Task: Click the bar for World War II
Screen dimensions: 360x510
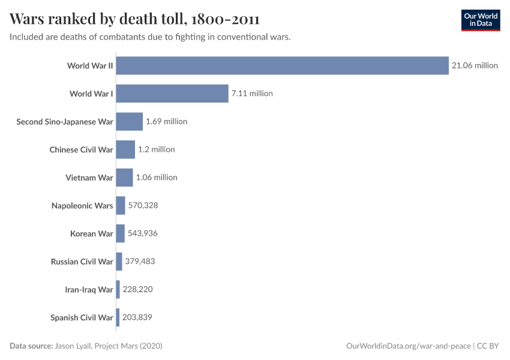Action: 282,65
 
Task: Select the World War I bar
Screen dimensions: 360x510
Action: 172,94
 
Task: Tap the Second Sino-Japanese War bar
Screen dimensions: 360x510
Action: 129,122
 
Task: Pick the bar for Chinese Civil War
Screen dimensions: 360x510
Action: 125,149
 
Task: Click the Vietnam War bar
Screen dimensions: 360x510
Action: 124,178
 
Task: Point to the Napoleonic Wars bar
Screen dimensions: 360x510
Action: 121,206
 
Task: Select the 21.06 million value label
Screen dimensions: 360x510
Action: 475,65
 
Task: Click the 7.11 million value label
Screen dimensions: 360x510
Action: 252,94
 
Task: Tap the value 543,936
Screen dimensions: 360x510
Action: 142,233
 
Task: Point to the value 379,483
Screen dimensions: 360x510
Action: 140,262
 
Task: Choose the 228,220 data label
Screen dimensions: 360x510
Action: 137,290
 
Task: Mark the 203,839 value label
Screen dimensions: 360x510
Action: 137,317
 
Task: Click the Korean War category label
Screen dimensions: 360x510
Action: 91,233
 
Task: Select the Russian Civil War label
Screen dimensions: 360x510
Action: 82,262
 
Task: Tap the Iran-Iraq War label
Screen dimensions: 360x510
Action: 89,290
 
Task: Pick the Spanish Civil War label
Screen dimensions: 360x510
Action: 82,317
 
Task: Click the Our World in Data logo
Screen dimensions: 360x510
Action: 481,20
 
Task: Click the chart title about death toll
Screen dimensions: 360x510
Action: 134,19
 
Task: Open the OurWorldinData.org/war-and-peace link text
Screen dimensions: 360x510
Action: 409,346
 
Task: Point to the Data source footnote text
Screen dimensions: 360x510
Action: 86,346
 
